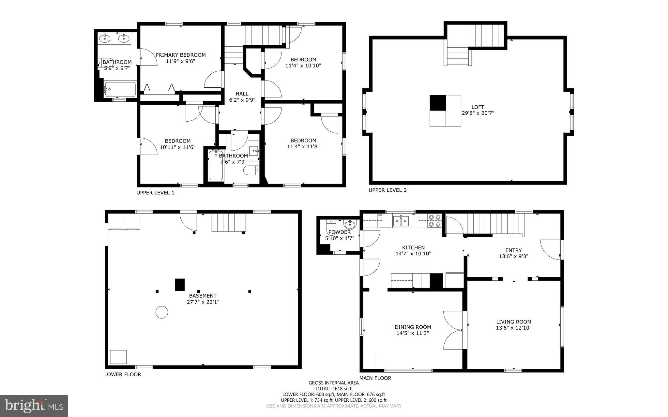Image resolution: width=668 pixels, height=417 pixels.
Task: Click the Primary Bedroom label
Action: pyautogui.click(x=180, y=55)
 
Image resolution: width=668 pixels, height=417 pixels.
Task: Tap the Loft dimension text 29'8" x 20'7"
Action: pyautogui.click(x=478, y=113)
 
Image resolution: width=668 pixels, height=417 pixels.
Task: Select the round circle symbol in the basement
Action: pyautogui.click(x=161, y=312)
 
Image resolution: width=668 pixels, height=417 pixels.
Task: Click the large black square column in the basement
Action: pyautogui.click(x=180, y=284)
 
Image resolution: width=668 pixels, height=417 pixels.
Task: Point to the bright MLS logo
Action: pyautogui.click(x=34, y=406)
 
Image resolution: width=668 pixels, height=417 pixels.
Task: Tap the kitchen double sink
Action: pyautogui.click(x=401, y=221)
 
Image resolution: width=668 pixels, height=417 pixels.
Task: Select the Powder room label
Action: pyautogui.click(x=340, y=232)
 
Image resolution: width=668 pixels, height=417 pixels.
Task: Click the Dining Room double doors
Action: pyautogui.click(x=453, y=330)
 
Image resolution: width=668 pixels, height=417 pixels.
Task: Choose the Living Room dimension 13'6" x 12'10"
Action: pyautogui.click(x=513, y=328)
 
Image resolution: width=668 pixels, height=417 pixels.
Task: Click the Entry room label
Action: pyautogui.click(x=513, y=250)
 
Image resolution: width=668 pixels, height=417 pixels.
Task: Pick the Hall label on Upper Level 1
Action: pyautogui.click(x=242, y=94)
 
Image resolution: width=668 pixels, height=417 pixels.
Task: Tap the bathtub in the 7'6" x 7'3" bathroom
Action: pyautogui.click(x=216, y=166)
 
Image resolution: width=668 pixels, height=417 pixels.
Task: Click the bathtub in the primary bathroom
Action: pyautogui.click(x=120, y=89)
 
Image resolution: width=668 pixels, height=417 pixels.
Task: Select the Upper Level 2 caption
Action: pyautogui.click(x=387, y=190)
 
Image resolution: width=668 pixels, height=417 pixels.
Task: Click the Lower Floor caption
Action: pyautogui.click(x=123, y=374)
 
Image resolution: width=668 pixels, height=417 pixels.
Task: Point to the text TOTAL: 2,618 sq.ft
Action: pyautogui.click(x=334, y=389)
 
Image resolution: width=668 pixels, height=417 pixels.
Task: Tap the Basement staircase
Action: pyautogui.click(x=228, y=222)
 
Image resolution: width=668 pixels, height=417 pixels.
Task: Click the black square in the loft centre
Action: pyautogui.click(x=437, y=103)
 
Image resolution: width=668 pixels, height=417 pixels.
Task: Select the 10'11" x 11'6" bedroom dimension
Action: pyautogui.click(x=177, y=147)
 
